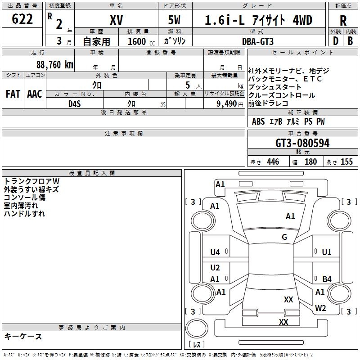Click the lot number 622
click(22, 19)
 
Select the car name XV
click(116, 20)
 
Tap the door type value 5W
click(175, 20)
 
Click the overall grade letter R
click(343, 20)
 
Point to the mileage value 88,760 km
click(54, 64)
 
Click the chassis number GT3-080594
click(302, 143)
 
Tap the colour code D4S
click(74, 103)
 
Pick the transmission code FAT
click(13, 94)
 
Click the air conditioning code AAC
click(35, 94)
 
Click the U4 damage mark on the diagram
click(215, 252)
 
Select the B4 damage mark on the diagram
click(327, 279)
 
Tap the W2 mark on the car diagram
click(320, 308)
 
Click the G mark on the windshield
click(284, 237)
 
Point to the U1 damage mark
click(327, 252)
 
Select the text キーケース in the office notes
click(23, 337)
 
